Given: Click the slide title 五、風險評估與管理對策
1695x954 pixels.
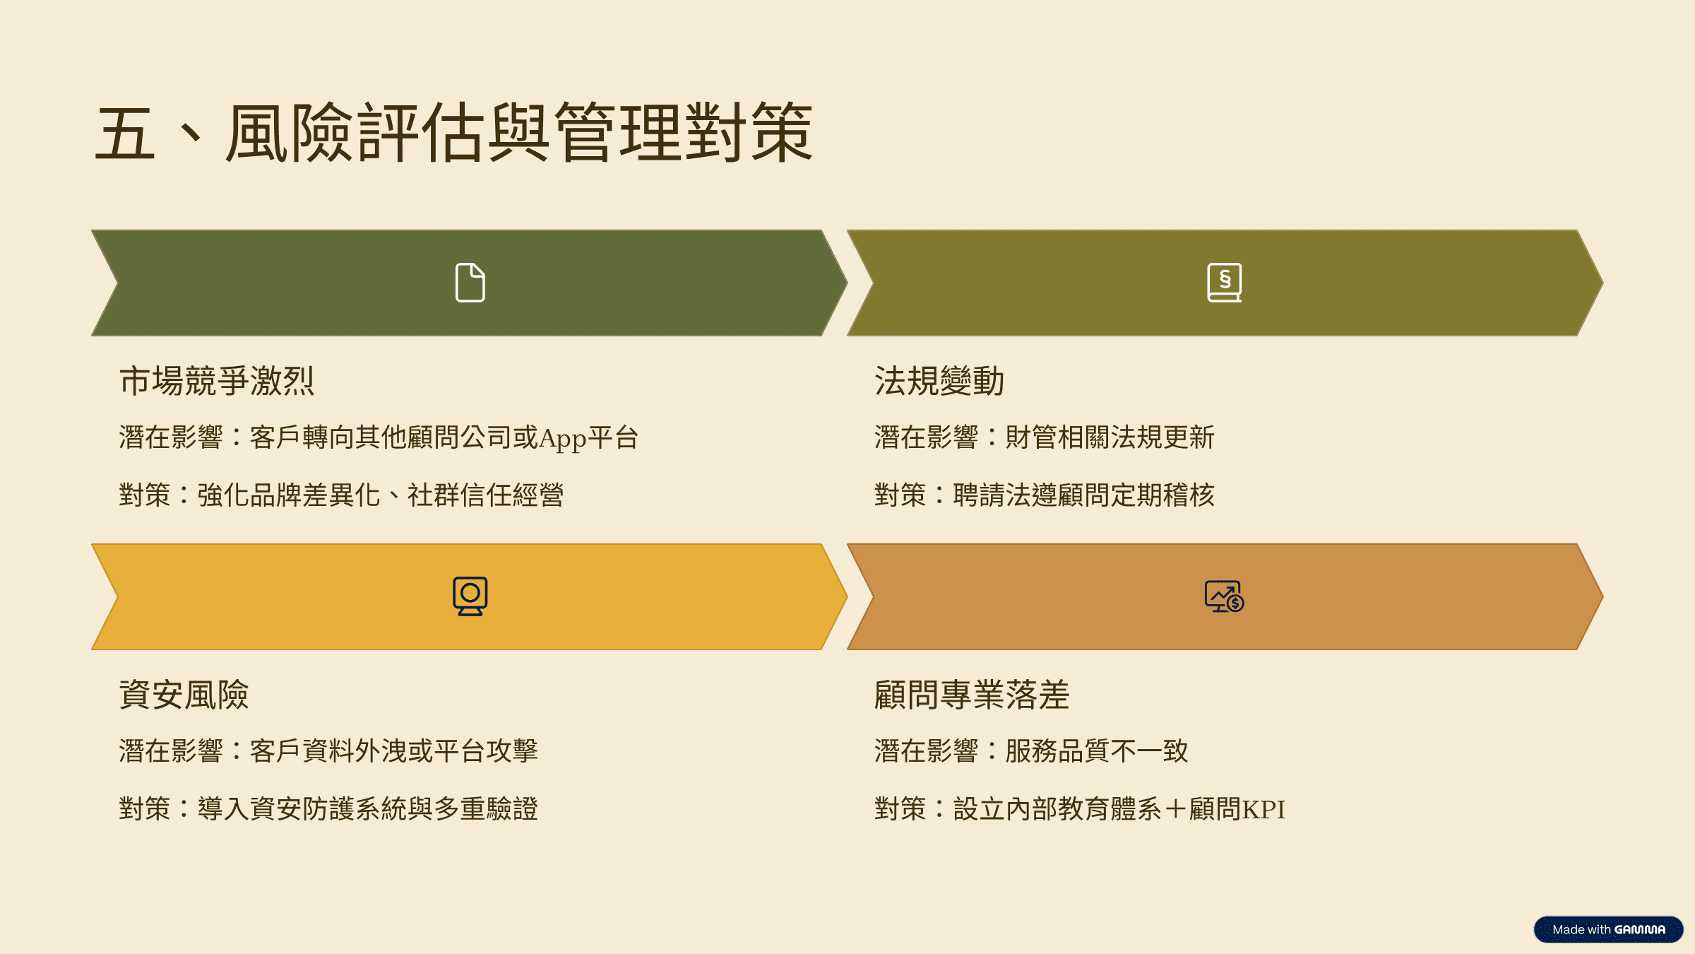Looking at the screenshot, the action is [x=454, y=132].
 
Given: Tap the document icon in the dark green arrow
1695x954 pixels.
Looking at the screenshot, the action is [x=470, y=283].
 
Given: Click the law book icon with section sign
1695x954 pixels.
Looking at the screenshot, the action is [x=1225, y=283].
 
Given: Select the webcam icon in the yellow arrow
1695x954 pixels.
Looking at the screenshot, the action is [x=470, y=596].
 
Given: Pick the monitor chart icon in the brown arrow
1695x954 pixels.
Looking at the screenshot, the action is [x=1225, y=596].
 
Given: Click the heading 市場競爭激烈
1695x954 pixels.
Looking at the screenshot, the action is [x=217, y=381].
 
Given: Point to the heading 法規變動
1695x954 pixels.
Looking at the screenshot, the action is [x=939, y=381].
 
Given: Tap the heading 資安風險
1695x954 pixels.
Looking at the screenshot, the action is [x=184, y=695].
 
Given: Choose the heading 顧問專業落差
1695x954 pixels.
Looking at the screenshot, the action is [x=972, y=695].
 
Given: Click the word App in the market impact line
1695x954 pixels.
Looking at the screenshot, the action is [x=563, y=439].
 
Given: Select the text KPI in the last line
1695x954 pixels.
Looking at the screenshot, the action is [x=1263, y=809].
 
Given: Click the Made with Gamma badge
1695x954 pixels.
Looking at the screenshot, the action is [x=1609, y=929].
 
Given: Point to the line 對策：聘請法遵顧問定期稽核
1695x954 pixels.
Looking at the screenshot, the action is [x=1045, y=495].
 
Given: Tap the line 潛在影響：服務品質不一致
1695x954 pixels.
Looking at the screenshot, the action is [x=1031, y=750].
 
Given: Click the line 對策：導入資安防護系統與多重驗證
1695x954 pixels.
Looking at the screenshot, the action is [x=328, y=808].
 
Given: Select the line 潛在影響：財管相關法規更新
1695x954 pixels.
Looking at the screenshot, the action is [x=1045, y=437].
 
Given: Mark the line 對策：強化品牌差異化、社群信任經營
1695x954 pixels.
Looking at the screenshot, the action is [x=341, y=495].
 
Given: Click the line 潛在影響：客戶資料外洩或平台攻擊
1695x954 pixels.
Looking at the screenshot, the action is [x=328, y=750].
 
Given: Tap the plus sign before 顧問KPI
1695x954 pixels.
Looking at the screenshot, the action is [x=1176, y=809].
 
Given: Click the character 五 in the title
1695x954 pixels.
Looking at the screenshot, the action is [x=125, y=134].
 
